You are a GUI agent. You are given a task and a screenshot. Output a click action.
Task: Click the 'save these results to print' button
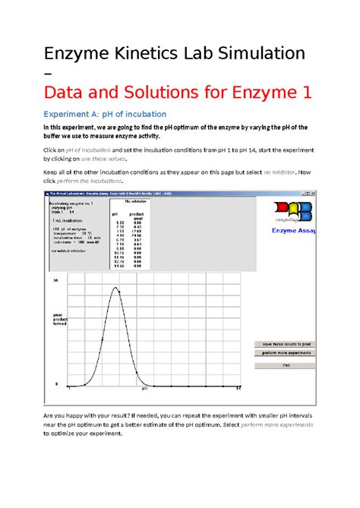(279, 345)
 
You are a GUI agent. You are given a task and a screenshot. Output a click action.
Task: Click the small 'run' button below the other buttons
(279, 364)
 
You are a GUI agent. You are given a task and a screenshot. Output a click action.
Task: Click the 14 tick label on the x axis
(238, 389)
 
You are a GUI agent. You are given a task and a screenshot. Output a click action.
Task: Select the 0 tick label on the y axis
(55, 383)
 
